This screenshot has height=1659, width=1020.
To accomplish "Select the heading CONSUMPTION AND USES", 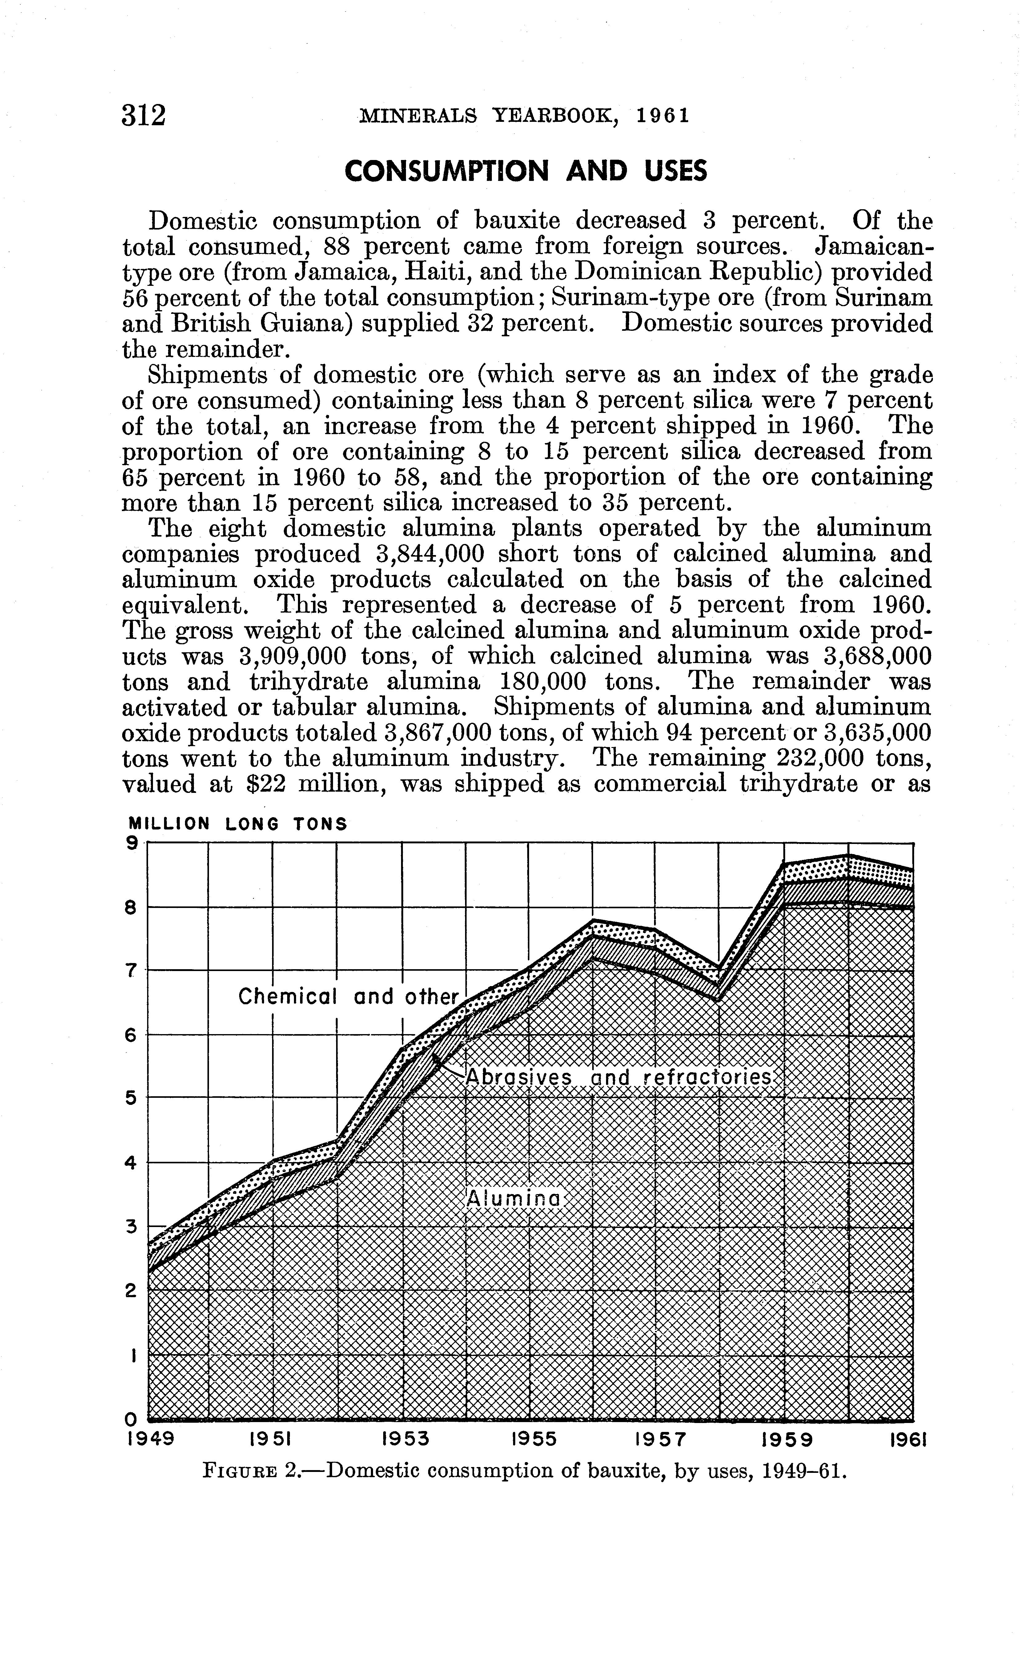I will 525,171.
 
